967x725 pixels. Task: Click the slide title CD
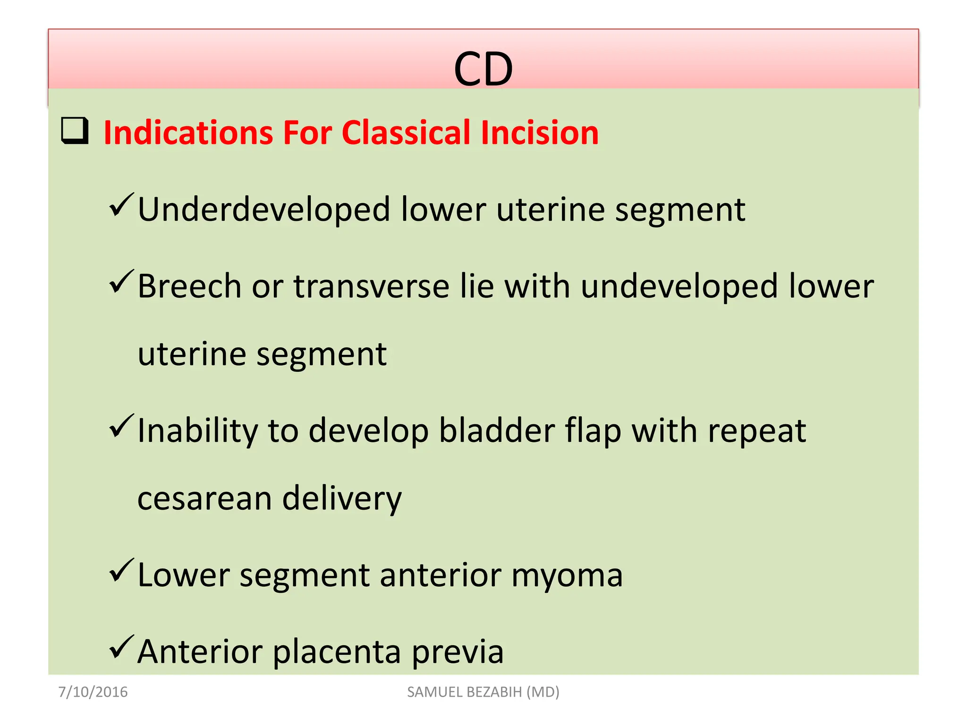483,70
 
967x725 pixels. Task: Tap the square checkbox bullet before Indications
75,131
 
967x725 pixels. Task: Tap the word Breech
189,286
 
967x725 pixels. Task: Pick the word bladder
497,430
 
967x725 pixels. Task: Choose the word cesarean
204,499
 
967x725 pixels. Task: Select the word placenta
337,653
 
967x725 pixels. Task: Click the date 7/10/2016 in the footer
93,692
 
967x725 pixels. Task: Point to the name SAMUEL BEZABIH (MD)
483,692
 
